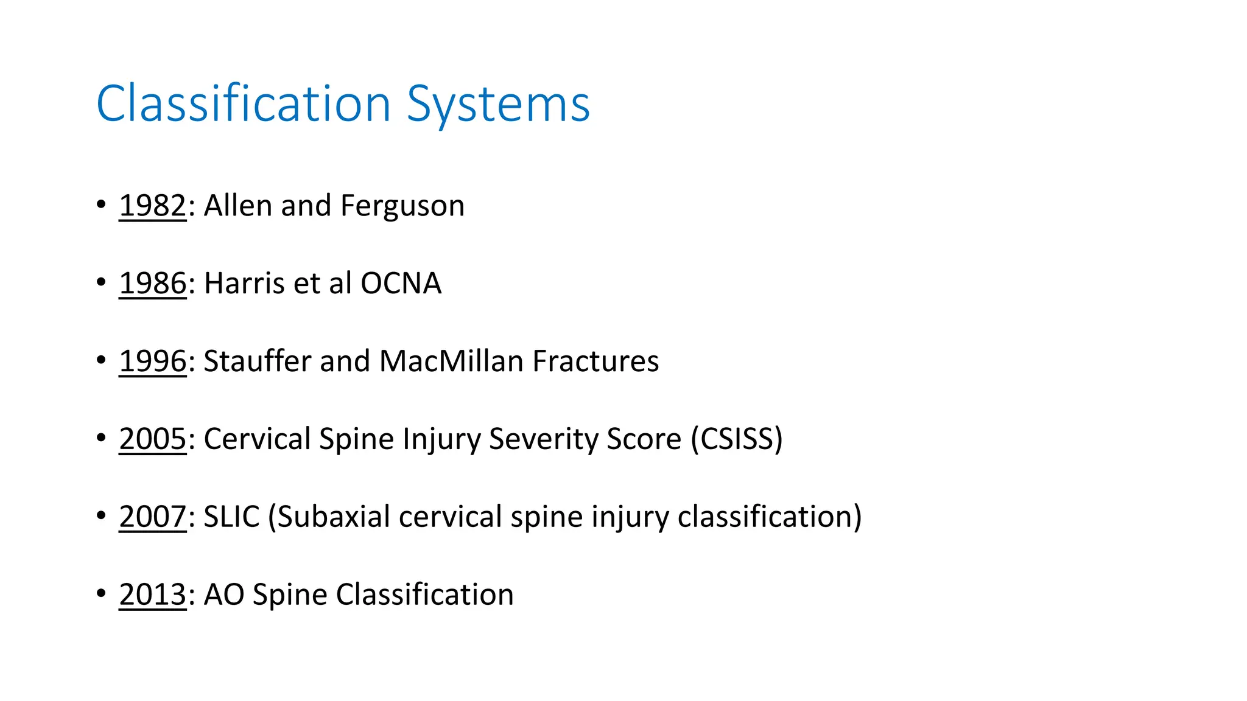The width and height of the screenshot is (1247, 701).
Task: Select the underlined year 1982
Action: click(152, 206)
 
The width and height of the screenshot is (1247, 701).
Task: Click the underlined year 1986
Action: click(152, 284)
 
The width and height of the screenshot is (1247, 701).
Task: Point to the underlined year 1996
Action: click(152, 361)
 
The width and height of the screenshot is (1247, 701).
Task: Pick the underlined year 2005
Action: click(152, 439)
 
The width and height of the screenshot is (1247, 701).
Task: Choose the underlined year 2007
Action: click(152, 517)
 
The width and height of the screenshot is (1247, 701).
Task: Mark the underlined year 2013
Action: click(152, 595)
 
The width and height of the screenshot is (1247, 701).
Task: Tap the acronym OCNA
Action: click(401, 284)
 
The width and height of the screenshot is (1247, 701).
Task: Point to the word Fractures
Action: click(595, 361)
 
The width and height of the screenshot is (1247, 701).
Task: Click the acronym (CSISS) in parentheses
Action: click(736, 439)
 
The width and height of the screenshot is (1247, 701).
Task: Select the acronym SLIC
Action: click(231, 517)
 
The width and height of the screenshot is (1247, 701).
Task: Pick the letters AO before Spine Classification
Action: click(223, 595)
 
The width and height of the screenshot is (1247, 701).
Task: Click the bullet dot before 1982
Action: click(101, 205)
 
